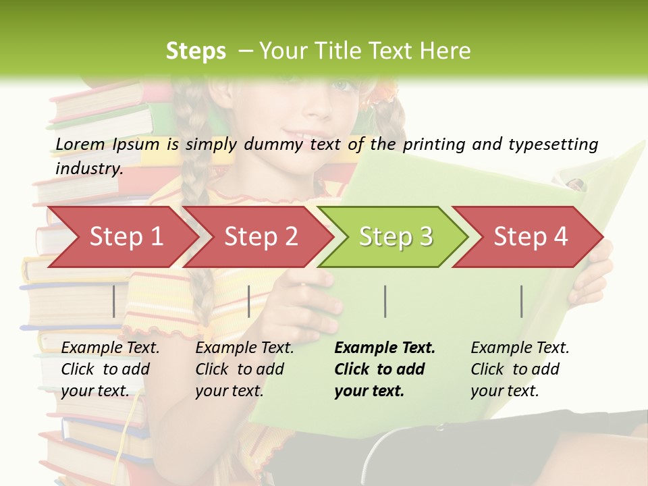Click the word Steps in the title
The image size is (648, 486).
(x=196, y=51)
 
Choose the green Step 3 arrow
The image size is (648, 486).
(x=396, y=236)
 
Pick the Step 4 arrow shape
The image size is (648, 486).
(x=531, y=236)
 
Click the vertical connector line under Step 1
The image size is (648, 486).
(x=113, y=301)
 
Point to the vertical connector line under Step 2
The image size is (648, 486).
(x=249, y=301)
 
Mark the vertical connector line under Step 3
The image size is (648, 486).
(x=385, y=301)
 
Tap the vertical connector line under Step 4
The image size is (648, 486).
(x=521, y=301)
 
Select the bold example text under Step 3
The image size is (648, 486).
(x=385, y=369)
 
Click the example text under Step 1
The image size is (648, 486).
(x=110, y=369)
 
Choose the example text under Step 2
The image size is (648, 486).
(x=244, y=369)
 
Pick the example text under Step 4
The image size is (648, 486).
(x=520, y=369)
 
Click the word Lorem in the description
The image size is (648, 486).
(x=80, y=144)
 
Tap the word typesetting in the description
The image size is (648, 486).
(x=553, y=144)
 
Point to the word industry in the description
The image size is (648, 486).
(x=89, y=168)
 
